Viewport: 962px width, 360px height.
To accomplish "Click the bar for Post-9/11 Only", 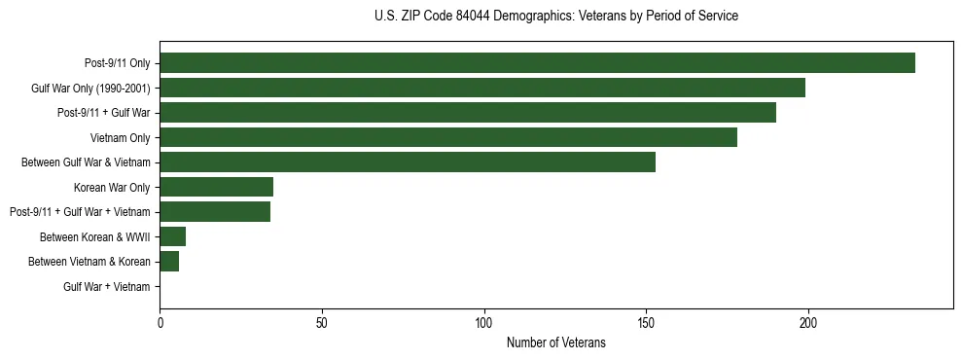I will click(x=537, y=63).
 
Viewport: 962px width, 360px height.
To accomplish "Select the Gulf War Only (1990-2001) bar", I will click(x=482, y=88).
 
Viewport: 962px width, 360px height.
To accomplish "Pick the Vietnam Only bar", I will click(x=448, y=137).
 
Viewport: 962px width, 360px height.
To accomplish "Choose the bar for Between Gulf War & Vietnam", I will click(x=408, y=162).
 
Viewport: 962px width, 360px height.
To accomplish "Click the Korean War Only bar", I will click(x=217, y=187).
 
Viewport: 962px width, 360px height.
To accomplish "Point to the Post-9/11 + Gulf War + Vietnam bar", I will click(x=215, y=212).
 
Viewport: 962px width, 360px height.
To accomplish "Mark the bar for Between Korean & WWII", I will click(x=173, y=236).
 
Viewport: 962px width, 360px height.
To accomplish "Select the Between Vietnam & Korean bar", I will click(x=169, y=262).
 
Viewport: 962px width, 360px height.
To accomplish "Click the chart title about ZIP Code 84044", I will click(x=555, y=17).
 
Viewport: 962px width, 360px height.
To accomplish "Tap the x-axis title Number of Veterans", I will click(x=555, y=342).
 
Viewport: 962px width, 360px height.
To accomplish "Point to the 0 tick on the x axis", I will click(x=160, y=321).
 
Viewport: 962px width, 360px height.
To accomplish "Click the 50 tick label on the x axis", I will click(x=322, y=321).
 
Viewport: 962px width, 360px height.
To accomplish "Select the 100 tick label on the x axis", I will click(x=484, y=321).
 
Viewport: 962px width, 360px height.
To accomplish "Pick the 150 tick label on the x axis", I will click(x=646, y=321).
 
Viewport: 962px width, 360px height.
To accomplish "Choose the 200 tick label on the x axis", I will click(x=808, y=321).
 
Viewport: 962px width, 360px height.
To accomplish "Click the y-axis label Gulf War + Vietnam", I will click(x=107, y=287).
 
